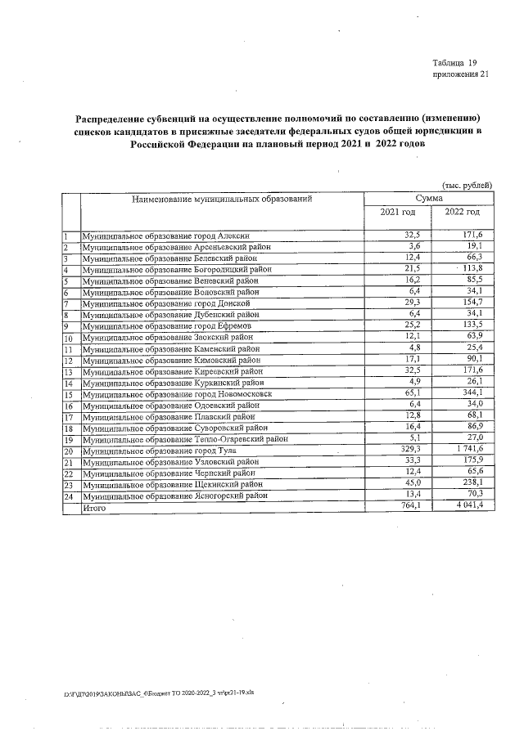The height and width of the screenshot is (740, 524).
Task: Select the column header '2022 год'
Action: click(462, 213)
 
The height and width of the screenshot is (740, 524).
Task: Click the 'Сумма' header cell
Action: click(429, 199)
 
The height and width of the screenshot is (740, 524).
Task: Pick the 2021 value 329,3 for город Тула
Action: click(406, 451)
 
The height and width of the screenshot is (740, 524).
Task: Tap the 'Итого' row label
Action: click(95, 508)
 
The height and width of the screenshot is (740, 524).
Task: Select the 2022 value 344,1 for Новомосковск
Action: click(472, 394)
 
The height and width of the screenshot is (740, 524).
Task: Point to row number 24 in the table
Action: click(69, 496)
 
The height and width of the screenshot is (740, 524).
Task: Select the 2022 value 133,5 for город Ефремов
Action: click(472, 325)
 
